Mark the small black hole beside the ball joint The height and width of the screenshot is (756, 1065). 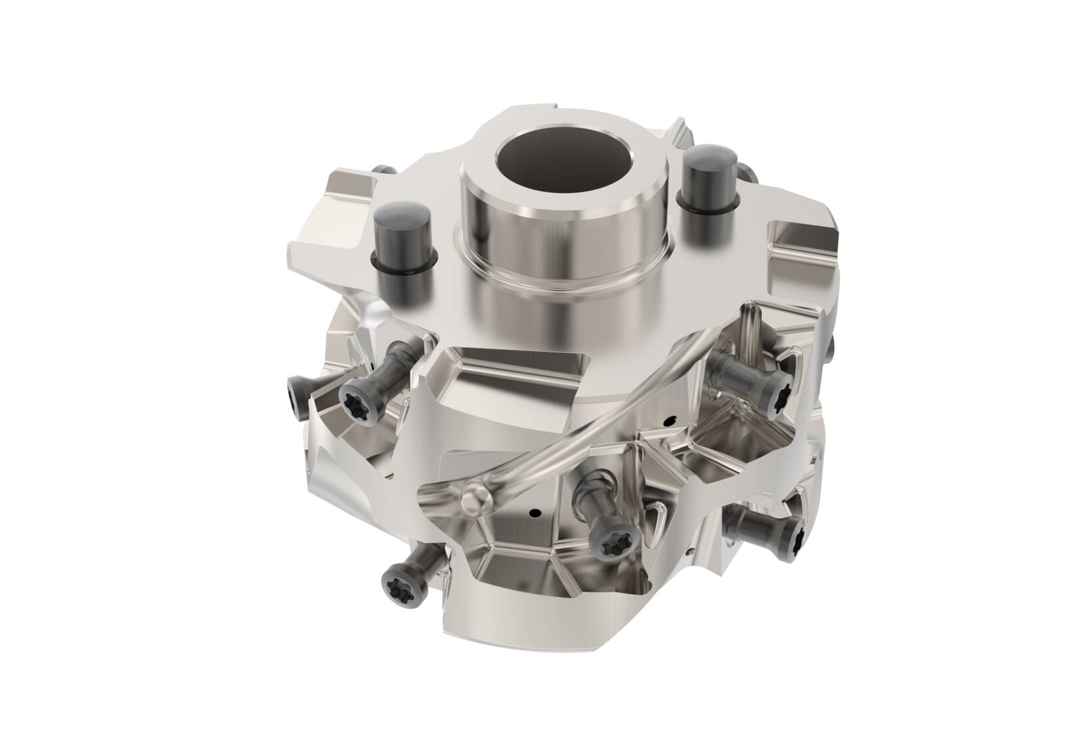pyautogui.click(x=532, y=514)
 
